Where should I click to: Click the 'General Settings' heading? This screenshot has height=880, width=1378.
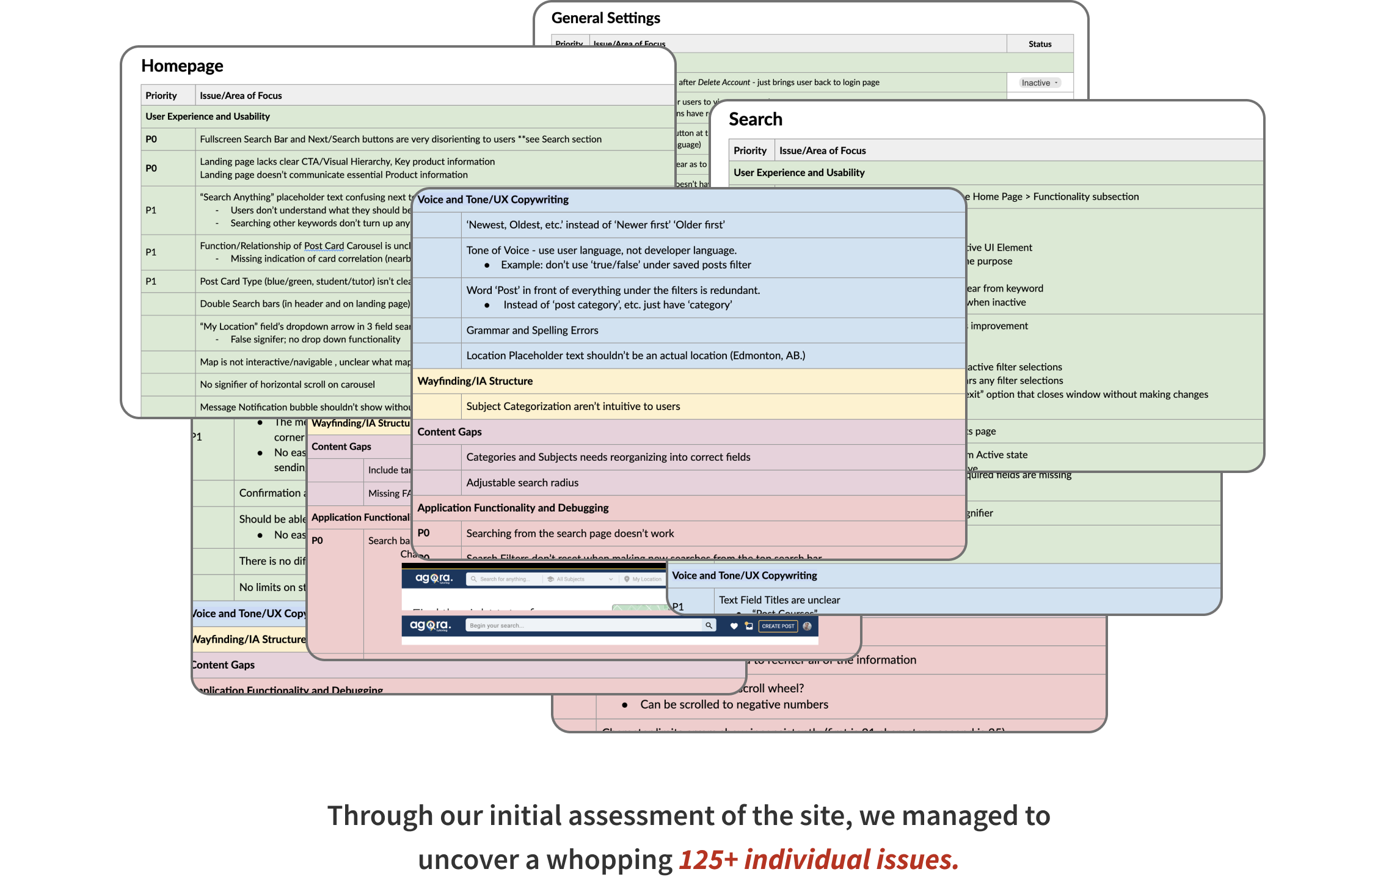[605, 18]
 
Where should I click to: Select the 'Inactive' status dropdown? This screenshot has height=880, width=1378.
[1039, 83]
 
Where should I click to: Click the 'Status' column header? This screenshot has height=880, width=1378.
[1040, 44]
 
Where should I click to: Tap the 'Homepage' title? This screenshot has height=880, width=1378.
[182, 66]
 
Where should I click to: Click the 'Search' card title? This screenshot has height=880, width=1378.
[755, 119]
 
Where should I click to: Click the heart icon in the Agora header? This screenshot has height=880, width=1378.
[734, 626]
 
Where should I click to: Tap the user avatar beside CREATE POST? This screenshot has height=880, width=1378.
[807, 626]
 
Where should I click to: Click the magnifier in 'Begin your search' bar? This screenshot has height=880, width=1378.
[709, 625]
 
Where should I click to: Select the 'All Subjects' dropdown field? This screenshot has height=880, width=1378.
[580, 579]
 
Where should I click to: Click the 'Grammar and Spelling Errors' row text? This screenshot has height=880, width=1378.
[532, 331]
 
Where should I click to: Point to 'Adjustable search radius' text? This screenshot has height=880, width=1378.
[522, 483]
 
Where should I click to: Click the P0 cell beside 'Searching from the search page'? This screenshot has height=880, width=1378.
[424, 533]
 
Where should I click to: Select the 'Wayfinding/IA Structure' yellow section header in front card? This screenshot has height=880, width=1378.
[475, 381]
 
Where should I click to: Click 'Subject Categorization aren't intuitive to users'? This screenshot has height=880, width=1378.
[573, 406]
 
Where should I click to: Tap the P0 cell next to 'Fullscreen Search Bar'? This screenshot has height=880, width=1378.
[151, 139]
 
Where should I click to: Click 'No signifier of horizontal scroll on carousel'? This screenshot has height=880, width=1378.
[287, 384]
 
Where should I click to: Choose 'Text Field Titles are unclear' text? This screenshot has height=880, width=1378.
[779, 600]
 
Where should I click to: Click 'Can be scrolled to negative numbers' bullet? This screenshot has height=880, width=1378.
[734, 705]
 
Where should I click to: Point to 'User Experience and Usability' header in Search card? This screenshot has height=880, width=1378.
[799, 173]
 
